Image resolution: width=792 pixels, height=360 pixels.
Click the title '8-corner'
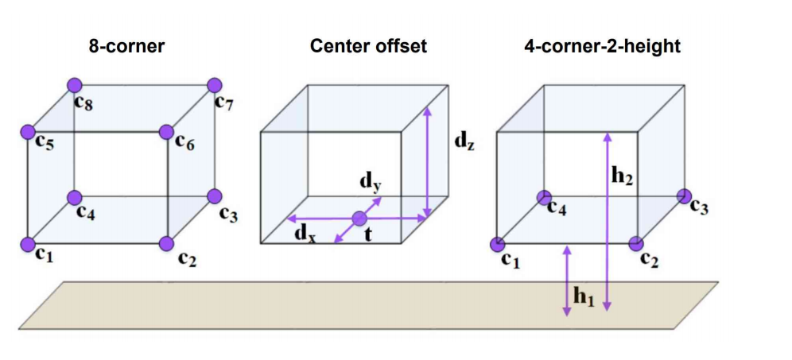point(127,46)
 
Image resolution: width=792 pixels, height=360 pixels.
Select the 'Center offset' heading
point(368,46)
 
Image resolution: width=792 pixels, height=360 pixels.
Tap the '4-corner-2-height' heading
point(602,46)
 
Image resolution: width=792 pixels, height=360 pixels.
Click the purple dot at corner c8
point(75,85)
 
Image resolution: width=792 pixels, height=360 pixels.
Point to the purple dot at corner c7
point(214,85)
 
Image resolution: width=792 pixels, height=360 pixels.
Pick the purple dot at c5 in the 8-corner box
point(28,131)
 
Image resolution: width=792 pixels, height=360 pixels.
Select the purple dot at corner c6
point(166,131)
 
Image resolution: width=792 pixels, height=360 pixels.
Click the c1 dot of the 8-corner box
point(28,243)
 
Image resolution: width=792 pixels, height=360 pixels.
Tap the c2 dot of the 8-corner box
point(166,243)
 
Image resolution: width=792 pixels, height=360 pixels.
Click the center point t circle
point(359,218)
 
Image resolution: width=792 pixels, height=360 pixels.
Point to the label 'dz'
point(464,141)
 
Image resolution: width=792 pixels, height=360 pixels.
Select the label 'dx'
point(303,234)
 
